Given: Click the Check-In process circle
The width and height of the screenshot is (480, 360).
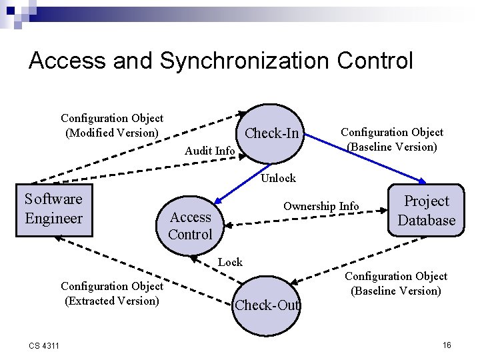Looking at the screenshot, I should [271, 133].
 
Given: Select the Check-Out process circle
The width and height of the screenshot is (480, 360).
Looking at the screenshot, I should [267, 305].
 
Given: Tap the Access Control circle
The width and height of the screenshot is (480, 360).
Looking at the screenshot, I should [191, 225].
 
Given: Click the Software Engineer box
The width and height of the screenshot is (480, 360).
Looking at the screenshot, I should [53, 209].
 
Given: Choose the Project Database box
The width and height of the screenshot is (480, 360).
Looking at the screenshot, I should [426, 211].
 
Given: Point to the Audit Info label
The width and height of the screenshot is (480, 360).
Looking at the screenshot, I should [209, 151].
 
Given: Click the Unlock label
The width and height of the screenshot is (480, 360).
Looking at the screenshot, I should [278, 178].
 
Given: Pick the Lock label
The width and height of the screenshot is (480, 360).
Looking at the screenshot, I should [230, 262].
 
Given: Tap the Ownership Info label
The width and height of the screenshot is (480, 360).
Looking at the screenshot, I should [321, 207].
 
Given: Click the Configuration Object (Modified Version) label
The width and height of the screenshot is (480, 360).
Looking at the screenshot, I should [112, 125].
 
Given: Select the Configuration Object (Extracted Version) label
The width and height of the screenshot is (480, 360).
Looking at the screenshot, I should [112, 293].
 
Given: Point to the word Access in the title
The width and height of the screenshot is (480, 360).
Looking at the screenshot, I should [67, 61].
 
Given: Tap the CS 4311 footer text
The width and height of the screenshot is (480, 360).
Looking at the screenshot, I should [43, 345].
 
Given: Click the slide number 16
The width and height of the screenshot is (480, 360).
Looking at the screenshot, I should [447, 345].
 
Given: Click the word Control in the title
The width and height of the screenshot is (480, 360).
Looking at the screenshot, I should [375, 61].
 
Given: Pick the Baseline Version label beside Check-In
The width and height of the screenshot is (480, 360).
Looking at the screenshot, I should [391, 140].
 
